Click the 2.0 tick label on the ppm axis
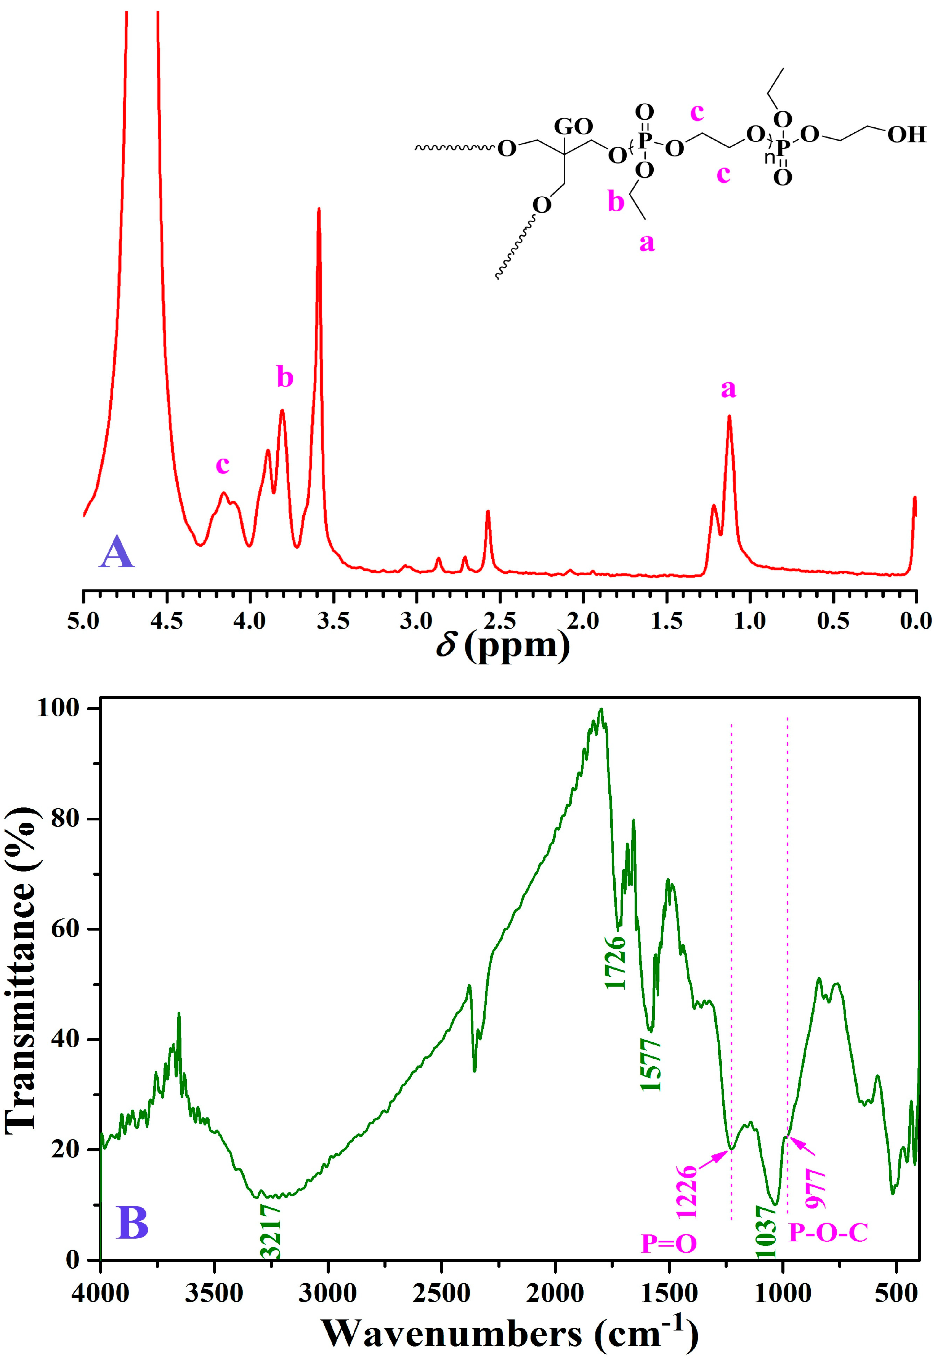click(x=583, y=621)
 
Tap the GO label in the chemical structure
click(x=573, y=127)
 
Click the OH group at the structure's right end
click(x=906, y=135)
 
